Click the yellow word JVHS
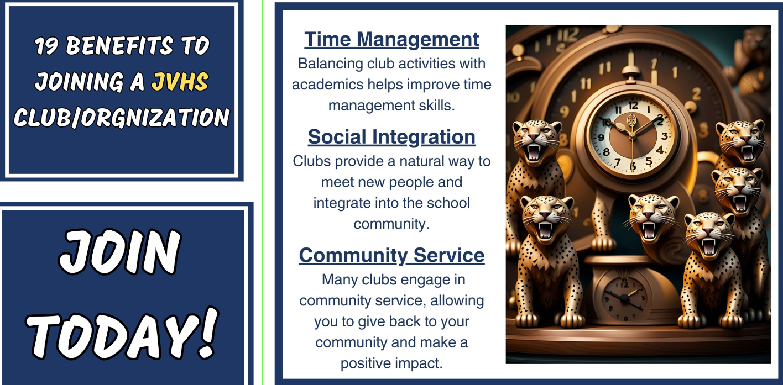180,82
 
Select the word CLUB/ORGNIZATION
122,118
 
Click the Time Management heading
391,39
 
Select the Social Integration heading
391,136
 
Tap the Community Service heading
391,255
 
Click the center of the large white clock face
631,134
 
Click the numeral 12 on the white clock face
633,105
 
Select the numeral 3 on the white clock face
664,135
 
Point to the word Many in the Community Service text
340,279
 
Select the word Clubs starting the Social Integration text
312,161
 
